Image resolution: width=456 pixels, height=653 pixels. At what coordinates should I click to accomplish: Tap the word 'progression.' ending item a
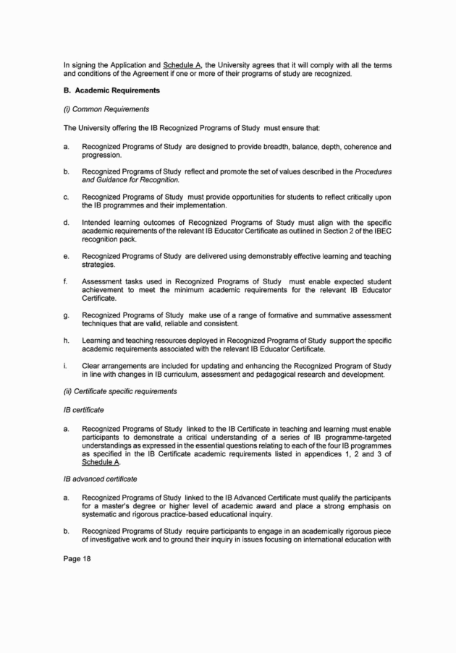pyautogui.click(x=102, y=155)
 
